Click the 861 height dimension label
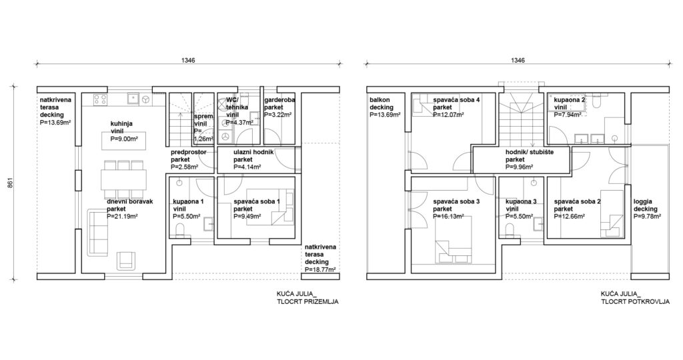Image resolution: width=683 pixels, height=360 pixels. click(10, 183)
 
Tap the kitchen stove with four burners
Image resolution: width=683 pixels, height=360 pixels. click(101, 99)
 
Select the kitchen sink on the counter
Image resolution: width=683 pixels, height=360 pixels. click(133, 99)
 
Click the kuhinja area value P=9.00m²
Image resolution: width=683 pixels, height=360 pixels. click(124, 139)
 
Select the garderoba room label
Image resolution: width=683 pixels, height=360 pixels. click(279, 100)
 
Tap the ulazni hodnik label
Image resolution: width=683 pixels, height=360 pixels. click(253, 153)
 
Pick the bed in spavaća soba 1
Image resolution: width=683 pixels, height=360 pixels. click(270, 207)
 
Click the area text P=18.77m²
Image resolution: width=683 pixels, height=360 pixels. click(320, 269)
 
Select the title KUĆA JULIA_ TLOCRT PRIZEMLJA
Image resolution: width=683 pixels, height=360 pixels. click(307, 297)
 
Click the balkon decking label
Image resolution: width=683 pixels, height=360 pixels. click(382, 103)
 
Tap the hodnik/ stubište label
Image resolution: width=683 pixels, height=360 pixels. click(530, 153)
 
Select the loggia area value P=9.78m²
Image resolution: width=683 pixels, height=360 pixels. click(647, 217)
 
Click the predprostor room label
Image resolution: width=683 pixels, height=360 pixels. click(189, 153)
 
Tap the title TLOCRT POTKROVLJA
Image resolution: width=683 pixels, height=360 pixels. click(635, 301)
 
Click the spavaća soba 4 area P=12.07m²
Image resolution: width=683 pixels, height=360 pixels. click(448, 115)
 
